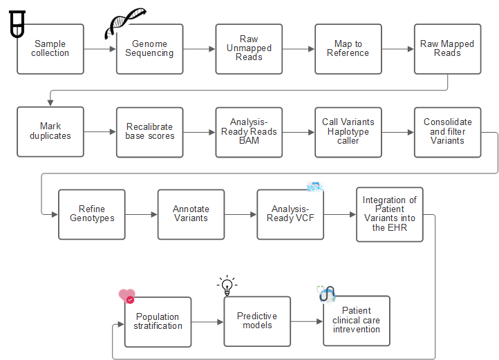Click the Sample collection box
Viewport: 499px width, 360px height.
50,49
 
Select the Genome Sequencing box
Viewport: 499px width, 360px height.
150,49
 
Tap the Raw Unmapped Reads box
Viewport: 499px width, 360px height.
249,49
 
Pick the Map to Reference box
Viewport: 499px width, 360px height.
348,49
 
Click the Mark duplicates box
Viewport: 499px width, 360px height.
50,131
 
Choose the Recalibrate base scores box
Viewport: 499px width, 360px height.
150,131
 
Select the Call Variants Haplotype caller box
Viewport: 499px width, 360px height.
348,131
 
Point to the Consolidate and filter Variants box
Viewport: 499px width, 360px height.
447,131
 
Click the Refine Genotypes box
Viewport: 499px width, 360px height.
92,214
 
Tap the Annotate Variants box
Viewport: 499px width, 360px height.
191,214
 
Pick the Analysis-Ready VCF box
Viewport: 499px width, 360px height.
290,214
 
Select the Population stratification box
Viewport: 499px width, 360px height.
158,321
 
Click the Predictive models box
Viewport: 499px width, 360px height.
257,321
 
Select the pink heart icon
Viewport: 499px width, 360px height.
126,296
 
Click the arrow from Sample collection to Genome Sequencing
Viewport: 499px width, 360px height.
100,49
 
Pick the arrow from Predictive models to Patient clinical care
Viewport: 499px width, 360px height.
307,321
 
